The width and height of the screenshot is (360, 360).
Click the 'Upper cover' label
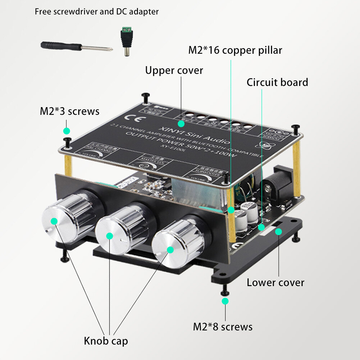pos(174,70)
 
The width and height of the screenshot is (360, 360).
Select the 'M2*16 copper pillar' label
pos(235,50)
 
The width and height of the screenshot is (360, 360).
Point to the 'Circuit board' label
pos(277,82)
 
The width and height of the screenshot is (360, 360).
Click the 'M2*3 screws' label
pos(69,111)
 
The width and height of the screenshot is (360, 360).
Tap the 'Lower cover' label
pos(275,282)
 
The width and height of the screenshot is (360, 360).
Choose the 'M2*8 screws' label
pos(223,327)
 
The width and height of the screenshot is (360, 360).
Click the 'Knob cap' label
pos(106,341)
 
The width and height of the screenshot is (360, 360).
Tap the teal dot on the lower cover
pos(278,232)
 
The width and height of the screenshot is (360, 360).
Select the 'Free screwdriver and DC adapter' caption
pos(96,12)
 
